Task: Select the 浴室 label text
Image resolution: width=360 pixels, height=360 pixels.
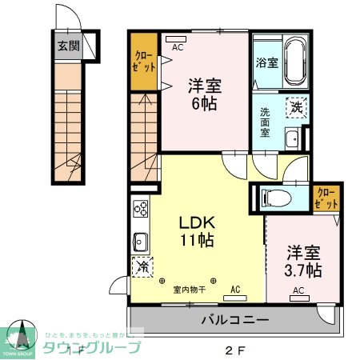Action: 266,62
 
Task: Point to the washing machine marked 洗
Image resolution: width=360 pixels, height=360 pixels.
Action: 296,106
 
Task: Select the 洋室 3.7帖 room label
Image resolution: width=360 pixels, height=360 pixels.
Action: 304,258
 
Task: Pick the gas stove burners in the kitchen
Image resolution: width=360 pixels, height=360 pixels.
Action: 141,209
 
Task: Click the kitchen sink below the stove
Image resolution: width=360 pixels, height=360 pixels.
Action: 141,241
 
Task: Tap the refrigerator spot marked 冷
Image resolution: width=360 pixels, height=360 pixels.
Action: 142,266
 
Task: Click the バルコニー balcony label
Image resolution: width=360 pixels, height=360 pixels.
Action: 234,320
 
